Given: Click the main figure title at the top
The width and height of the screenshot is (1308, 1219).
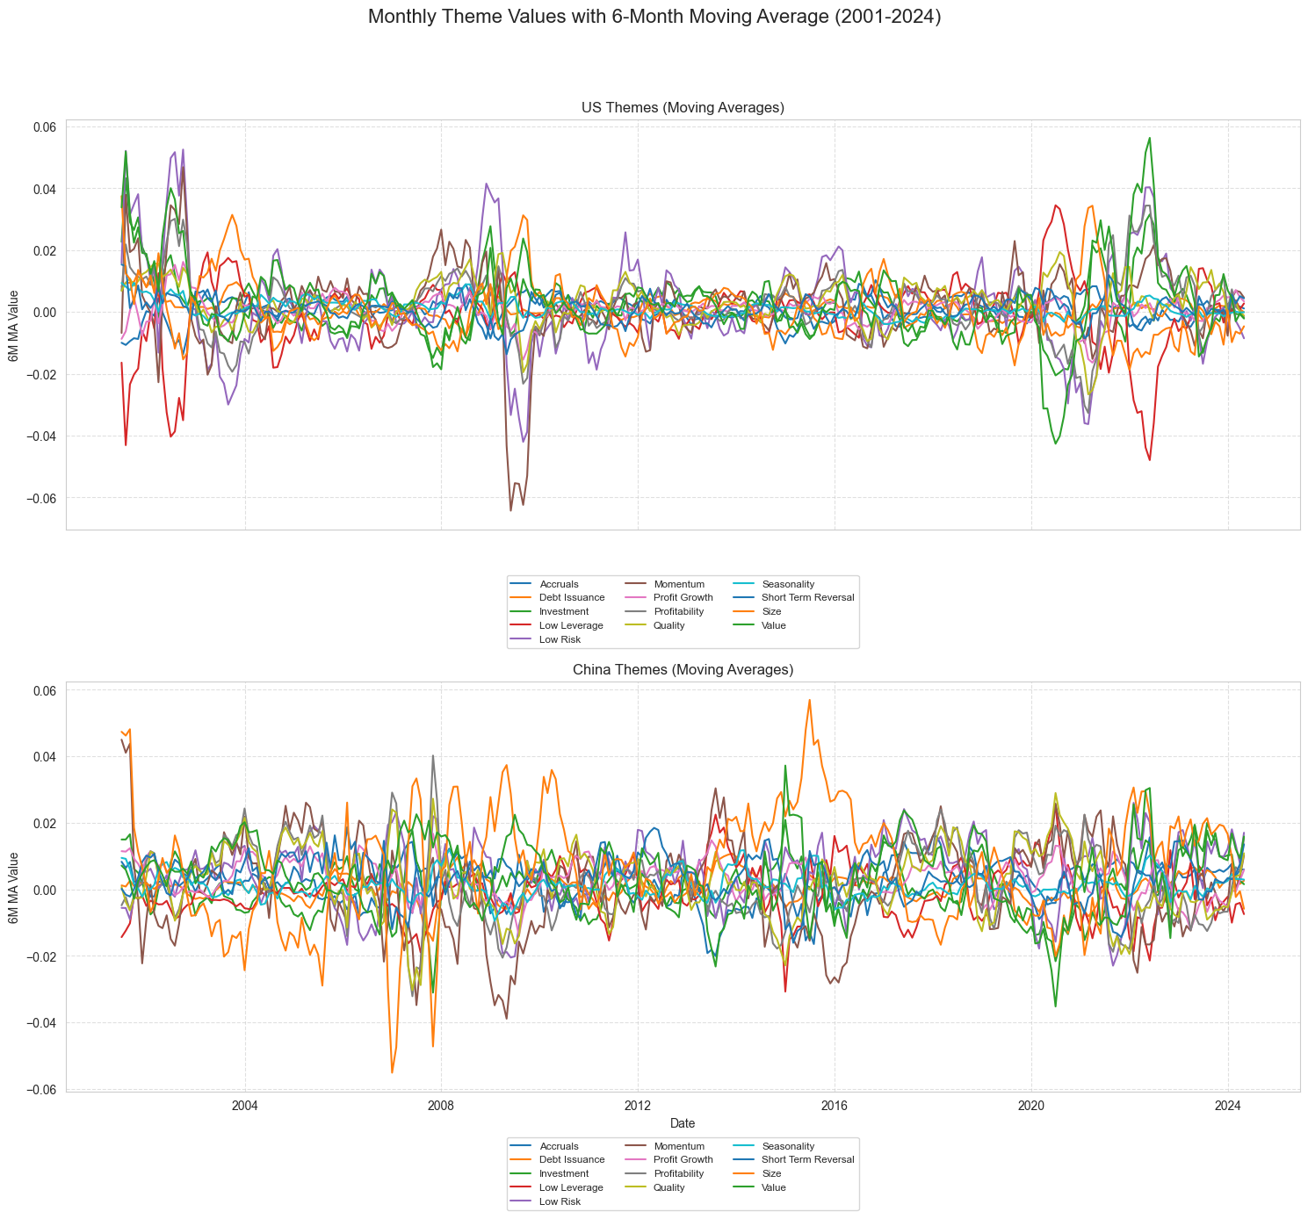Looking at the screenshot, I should [x=654, y=17].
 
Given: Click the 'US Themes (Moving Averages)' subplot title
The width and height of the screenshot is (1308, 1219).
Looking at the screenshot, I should [x=683, y=107].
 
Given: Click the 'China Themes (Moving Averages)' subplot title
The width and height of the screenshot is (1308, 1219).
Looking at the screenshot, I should [x=683, y=669].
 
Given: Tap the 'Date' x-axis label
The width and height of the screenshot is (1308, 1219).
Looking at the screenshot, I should [x=683, y=1122].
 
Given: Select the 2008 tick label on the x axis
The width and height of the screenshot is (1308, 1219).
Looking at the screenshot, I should [x=441, y=1104].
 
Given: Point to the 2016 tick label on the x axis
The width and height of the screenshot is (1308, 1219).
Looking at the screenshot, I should [x=834, y=1104].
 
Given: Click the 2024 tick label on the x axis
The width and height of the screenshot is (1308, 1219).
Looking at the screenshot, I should [x=1227, y=1104].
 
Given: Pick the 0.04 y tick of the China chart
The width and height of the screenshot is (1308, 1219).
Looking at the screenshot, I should [x=45, y=757].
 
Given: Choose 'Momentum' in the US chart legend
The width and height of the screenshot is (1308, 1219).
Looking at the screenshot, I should [x=679, y=584].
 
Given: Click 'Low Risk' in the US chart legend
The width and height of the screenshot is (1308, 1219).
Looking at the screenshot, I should [x=558, y=639].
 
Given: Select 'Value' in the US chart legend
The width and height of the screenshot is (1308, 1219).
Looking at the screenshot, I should [x=773, y=625].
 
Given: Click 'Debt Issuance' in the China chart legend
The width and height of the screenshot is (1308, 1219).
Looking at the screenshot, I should [x=572, y=1159].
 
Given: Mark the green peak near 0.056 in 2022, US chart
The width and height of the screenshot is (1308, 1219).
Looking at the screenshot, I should [x=1149, y=138].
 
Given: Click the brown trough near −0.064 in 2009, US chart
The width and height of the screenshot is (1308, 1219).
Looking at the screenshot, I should [x=510, y=510].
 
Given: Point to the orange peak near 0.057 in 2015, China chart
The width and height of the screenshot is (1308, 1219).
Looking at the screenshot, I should [x=809, y=700].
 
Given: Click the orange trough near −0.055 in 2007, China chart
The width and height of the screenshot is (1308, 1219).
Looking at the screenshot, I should [x=392, y=1072].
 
